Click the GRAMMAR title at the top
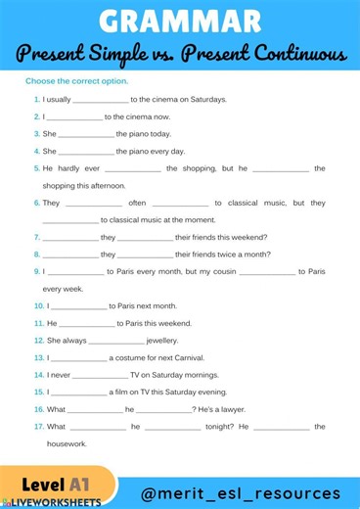(180, 21)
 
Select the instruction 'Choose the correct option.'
(76, 81)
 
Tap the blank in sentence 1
(101, 100)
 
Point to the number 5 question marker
(36, 168)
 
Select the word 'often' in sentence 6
(137, 203)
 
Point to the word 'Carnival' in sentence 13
(178, 357)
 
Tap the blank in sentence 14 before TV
(100, 375)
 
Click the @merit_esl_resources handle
(241, 493)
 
